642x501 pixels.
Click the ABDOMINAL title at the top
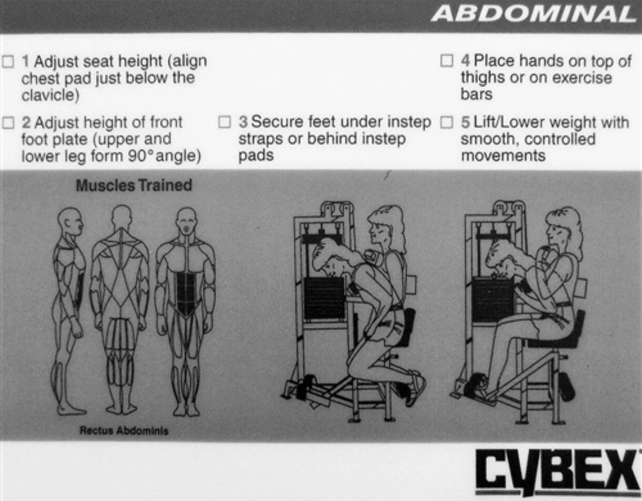pyautogui.click(x=533, y=14)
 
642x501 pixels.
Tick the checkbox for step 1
pyautogui.click(x=8, y=61)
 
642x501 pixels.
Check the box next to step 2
pyautogui.click(x=8, y=122)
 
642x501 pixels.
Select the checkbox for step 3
pyautogui.click(x=225, y=122)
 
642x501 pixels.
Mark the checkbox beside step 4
pyautogui.click(x=447, y=60)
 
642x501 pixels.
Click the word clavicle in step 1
pyautogui.click(x=50, y=95)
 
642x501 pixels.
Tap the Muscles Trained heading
pyautogui.click(x=134, y=185)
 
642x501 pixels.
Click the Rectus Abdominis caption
pyautogui.click(x=124, y=430)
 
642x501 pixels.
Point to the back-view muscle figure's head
pyautogui.click(x=121, y=218)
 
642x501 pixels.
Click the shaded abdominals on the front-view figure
pyautogui.click(x=186, y=293)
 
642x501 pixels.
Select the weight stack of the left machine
pyautogui.click(x=324, y=298)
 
